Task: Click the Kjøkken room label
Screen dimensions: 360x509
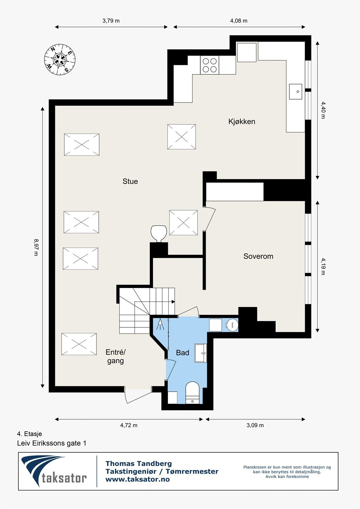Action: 242,122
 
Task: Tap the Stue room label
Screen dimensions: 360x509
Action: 130,181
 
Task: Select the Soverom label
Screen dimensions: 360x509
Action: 258,256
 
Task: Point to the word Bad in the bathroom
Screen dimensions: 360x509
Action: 182,353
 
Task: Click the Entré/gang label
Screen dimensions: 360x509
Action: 116,357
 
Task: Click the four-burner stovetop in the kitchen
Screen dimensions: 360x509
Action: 209,65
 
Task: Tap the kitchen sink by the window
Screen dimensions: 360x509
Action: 295,92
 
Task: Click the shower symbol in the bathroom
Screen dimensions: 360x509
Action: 160,324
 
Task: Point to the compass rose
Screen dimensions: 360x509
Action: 60,59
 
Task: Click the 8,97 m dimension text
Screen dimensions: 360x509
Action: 36,248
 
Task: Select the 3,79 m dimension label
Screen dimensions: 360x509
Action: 111,21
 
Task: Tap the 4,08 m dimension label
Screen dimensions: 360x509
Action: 239,21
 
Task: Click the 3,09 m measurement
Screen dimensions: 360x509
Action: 255,425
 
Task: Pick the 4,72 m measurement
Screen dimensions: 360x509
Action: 129,425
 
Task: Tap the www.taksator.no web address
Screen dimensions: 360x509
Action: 138,479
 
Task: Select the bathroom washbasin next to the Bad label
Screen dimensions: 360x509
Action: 201,353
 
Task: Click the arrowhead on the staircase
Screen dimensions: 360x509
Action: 173,302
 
